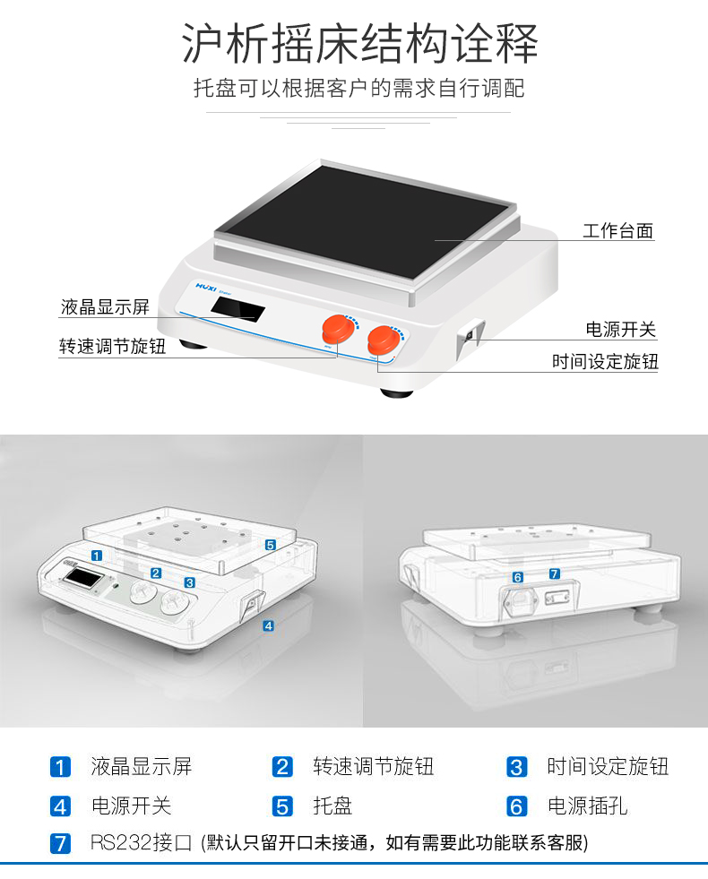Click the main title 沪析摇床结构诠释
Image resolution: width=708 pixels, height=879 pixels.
pyautogui.click(x=359, y=43)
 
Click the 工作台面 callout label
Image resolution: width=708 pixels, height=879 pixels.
pyautogui.click(x=617, y=230)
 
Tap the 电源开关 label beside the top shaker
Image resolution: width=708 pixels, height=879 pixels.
pyautogui.click(x=620, y=329)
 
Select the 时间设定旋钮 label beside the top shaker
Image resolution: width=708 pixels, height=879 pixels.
pyautogui.click(x=605, y=362)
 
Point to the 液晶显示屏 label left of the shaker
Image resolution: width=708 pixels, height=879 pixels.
pyautogui.click(x=106, y=306)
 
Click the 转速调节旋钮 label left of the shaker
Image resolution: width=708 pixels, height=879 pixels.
pyautogui.click(x=113, y=346)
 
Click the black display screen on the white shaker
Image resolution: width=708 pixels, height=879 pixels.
pyautogui.click(x=237, y=309)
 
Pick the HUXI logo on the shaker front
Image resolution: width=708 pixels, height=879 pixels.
pyautogui.click(x=206, y=287)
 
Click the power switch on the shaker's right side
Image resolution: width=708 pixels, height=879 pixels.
pyautogui.click(x=470, y=336)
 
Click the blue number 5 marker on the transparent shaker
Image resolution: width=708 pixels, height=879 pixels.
pyautogui.click(x=271, y=545)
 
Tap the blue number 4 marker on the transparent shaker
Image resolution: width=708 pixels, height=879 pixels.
pyautogui.click(x=269, y=625)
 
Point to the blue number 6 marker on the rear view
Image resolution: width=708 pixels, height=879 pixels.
pyautogui.click(x=517, y=577)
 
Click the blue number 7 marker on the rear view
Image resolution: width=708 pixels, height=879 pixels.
pyautogui.click(x=555, y=573)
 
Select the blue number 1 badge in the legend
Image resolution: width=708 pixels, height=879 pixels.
pyautogui.click(x=61, y=767)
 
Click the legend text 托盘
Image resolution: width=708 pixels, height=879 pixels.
pyautogui.click(x=332, y=806)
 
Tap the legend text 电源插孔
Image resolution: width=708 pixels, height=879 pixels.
pyautogui.click(x=587, y=806)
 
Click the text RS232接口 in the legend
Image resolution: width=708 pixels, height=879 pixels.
pyautogui.click(x=142, y=842)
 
